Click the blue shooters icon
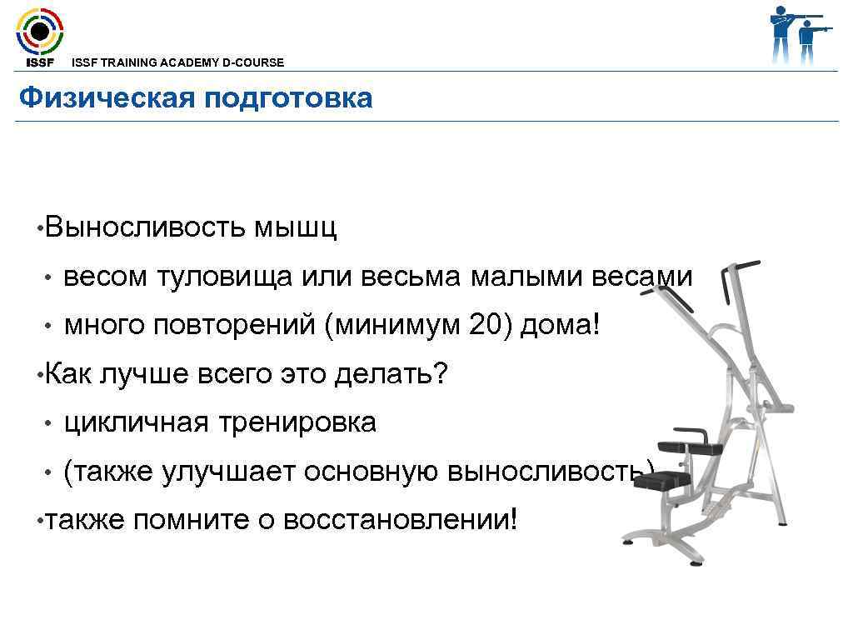(x=797, y=34)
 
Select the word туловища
(x=223, y=277)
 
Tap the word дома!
(x=560, y=326)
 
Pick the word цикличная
(x=137, y=422)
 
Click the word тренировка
(x=297, y=422)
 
